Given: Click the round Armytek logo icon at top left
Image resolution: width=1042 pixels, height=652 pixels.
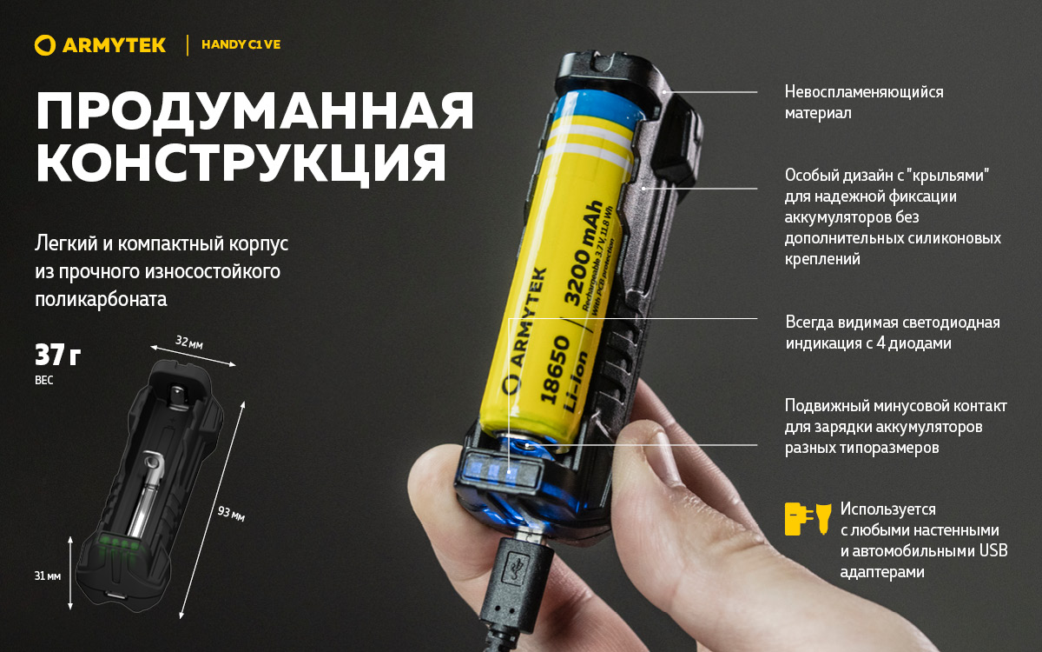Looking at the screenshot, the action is (x=45, y=45).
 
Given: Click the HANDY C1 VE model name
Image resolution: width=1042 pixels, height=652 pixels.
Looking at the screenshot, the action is (x=241, y=44).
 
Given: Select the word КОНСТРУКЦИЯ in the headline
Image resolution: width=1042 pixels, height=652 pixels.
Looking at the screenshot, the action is (x=241, y=163).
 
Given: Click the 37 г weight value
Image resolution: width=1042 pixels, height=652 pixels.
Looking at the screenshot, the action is (x=57, y=355).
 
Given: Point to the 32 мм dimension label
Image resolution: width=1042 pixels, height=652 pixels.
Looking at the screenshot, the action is (x=189, y=343).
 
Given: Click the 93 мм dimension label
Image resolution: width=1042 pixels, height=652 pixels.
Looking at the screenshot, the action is (x=231, y=514).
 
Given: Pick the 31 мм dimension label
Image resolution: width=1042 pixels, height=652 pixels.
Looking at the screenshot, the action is (x=48, y=576).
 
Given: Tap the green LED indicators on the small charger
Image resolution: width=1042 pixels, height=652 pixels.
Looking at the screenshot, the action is (x=119, y=543).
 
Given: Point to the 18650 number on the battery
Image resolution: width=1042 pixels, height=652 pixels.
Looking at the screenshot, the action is (x=555, y=369).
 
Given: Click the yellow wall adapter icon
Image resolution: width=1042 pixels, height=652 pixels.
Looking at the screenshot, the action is (x=799, y=518).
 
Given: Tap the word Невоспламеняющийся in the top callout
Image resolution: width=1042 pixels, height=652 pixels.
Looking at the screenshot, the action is (x=864, y=92).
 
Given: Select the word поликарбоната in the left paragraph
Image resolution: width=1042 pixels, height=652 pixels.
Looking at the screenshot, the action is (x=101, y=299).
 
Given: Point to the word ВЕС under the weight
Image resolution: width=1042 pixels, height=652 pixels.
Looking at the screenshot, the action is (x=44, y=380).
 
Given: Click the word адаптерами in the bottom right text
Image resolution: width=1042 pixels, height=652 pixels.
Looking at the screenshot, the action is (x=882, y=572).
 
